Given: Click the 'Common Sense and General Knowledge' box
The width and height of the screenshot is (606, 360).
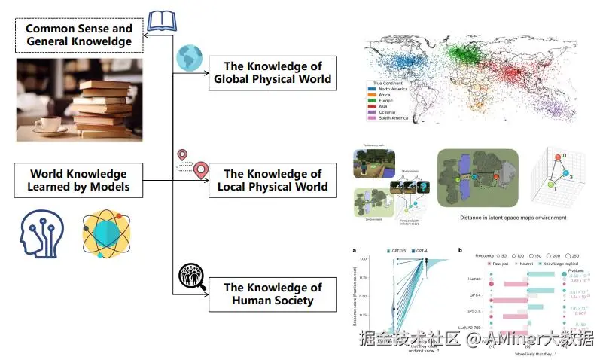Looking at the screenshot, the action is pyautogui.click(x=79, y=35).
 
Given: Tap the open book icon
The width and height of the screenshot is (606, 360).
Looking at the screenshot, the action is pyautogui.click(x=161, y=21).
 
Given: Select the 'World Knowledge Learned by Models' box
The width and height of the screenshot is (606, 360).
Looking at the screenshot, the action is pyautogui.click(x=79, y=180).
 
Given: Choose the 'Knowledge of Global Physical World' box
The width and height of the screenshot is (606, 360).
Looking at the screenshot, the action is pyautogui.click(x=272, y=72).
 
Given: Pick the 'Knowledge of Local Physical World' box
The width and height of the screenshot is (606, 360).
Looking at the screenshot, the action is pyautogui.click(x=272, y=180).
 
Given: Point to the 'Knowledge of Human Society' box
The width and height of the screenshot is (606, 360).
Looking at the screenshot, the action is pyautogui.click(x=272, y=294).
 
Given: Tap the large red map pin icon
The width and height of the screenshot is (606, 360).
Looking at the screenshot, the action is pyautogui.click(x=200, y=171).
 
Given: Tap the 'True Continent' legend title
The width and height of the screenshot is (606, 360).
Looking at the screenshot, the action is pyautogui.click(x=385, y=82).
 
